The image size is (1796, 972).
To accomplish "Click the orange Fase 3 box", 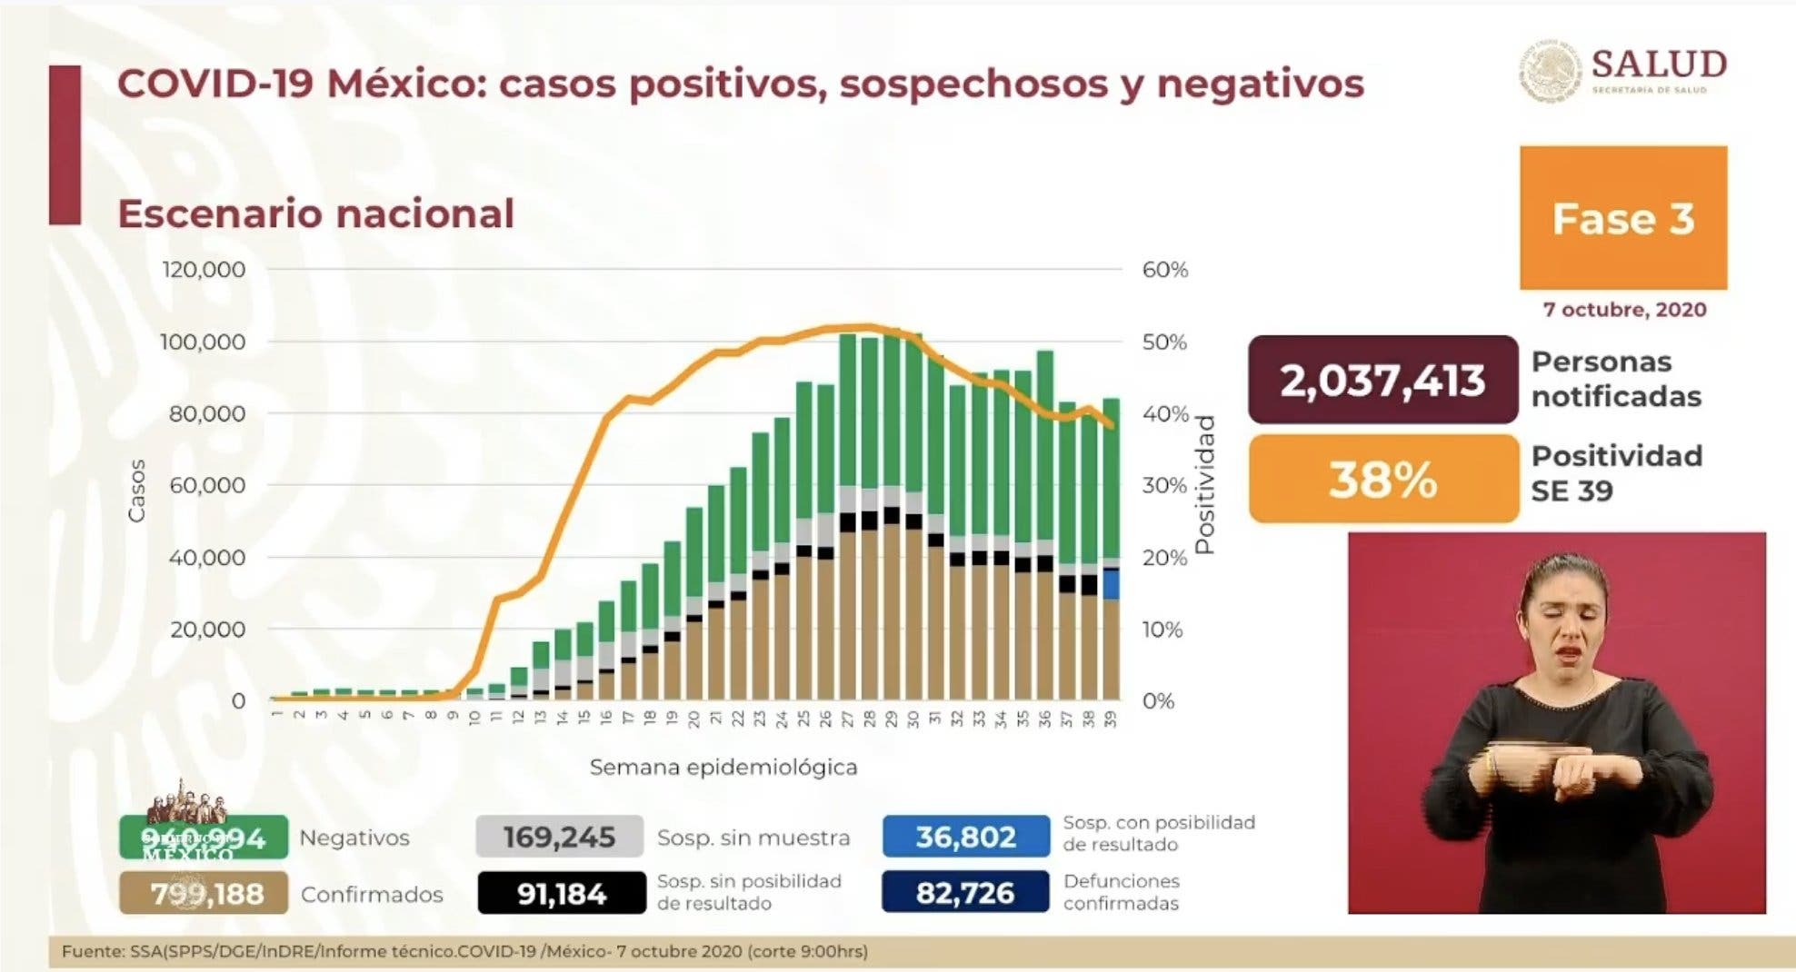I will pos(1623,218).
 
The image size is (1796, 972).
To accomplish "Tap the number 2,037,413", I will pos(1382,380).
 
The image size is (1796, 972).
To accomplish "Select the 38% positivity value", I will pos(1383,479).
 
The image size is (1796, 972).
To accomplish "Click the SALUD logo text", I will pos(1659,65).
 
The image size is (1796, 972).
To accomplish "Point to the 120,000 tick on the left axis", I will pos(204,270).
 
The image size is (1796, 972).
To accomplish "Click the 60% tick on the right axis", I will pos(1165,270).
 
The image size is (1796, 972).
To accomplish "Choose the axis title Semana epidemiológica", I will pos(723,768).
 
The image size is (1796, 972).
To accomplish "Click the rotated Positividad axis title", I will pos(1205,485).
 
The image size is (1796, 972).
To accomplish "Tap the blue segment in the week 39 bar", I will pos(1111,584).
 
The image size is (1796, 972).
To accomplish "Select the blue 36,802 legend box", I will pos(965,837).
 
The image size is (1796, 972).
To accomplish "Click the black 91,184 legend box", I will pos(562,894).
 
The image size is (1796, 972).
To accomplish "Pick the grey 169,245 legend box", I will pos(559,837).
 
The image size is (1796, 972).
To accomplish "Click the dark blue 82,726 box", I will pos(965,894).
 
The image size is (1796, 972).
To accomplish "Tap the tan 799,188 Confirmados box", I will pos(205,894).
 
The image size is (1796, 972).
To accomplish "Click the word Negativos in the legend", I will pos(354,838).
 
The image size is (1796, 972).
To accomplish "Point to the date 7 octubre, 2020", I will pos(1624,310).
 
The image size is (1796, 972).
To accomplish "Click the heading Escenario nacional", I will pos(315,214).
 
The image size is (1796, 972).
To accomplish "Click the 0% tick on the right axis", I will pos(1158,701).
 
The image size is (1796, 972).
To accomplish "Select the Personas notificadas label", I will pos(1615,379).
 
